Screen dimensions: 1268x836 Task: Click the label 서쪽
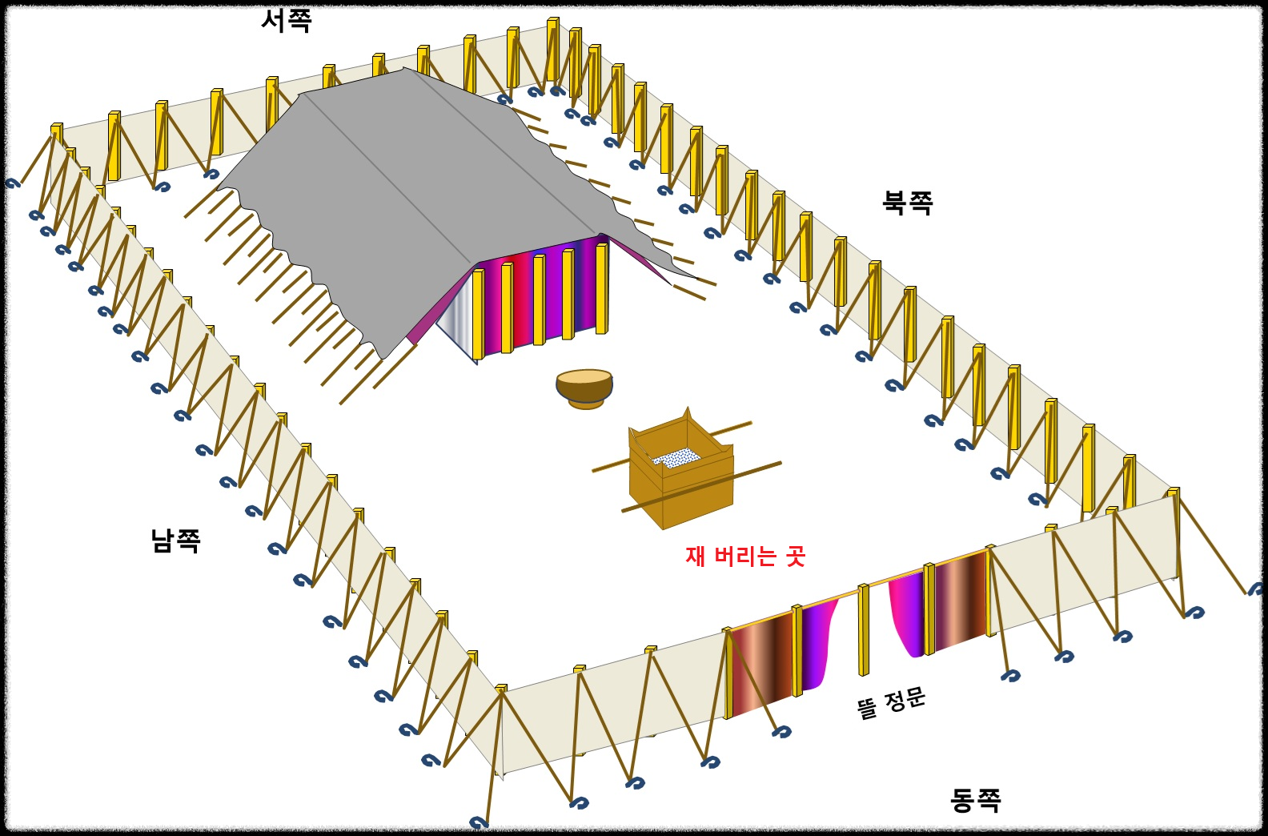coord(286,20)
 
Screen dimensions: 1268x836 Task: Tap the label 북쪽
coord(907,202)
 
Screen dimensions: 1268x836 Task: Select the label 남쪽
coord(175,541)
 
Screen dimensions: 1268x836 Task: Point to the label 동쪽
coord(975,799)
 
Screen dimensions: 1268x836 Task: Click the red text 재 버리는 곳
coord(744,556)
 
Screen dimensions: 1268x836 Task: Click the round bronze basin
coord(584,388)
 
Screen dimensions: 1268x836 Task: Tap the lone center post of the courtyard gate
coord(863,629)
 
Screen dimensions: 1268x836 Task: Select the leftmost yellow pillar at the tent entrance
coord(478,314)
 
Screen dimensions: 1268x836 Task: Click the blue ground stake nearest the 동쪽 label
coord(1010,675)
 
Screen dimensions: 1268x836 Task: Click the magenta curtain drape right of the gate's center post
coord(907,613)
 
